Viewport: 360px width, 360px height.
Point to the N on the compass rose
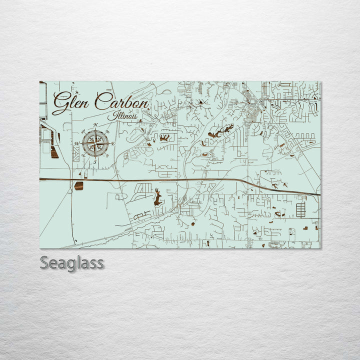[95, 125]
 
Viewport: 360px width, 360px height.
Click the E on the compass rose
[113, 144]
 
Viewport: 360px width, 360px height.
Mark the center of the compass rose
[95, 143]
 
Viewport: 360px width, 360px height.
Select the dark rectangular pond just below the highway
[79, 186]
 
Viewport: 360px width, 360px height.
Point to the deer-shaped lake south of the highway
[158, 197]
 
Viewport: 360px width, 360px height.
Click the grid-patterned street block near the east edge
[300, 209]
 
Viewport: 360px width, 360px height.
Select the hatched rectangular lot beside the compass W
[76, 154]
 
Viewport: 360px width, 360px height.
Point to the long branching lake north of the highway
[220, 132]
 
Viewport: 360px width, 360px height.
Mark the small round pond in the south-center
[192, 224]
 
